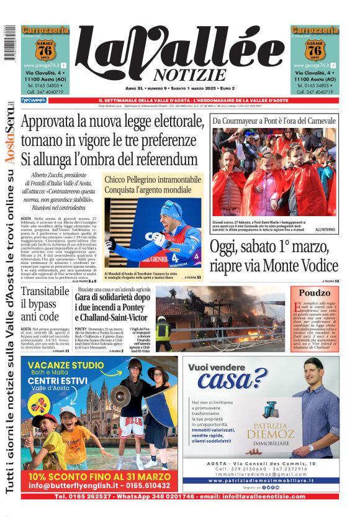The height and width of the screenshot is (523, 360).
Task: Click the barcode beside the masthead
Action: [8, 43]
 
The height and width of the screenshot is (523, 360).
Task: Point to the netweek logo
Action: [33, 100]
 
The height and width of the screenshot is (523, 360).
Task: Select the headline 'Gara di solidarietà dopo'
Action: [112, 298]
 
